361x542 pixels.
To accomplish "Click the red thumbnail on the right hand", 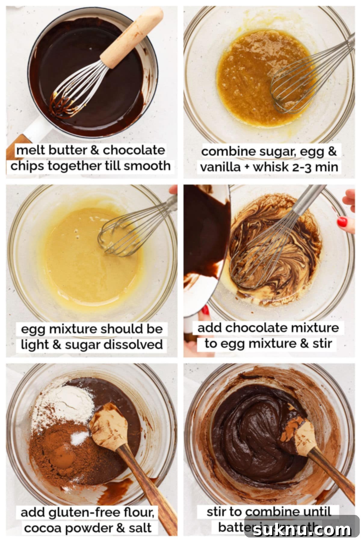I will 342,222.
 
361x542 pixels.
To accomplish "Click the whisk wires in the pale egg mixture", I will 120,233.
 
